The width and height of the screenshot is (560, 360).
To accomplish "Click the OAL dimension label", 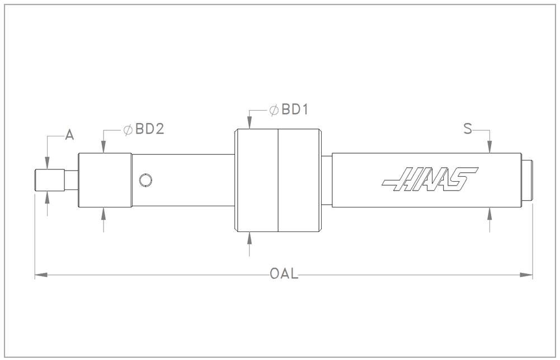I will tap(284, 274).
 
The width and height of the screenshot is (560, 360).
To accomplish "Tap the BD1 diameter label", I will tap(295, 110).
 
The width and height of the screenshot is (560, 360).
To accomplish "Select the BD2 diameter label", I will tap(149, 130).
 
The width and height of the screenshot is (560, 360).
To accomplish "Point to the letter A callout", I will tap(69, 134).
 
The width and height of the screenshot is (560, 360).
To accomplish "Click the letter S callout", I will tap(468, 130).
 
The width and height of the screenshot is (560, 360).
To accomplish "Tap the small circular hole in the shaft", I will tap(145, 180).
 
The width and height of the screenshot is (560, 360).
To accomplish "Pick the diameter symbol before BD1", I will tap(274, 110).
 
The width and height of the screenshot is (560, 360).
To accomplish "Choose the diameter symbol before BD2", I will tap(128, 130).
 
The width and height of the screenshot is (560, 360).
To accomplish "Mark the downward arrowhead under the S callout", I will tap(490, 148).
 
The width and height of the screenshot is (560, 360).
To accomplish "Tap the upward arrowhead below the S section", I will tap(490, 212).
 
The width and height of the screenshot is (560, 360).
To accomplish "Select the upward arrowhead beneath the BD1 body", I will tap(249, 237).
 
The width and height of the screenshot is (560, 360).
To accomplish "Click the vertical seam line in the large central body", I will tap(278, 180).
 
